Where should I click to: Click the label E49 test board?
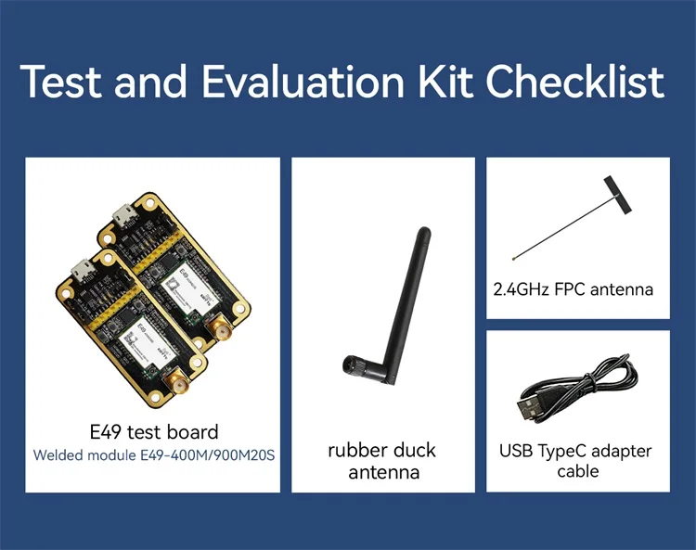click(x=153, y=432)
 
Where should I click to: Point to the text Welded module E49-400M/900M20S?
click(x=154, y=455)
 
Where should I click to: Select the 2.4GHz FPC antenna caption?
click(x=574, y=289)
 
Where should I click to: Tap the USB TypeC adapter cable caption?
click(x=575, y=461)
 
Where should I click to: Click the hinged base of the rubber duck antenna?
click(x=354, y=368)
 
